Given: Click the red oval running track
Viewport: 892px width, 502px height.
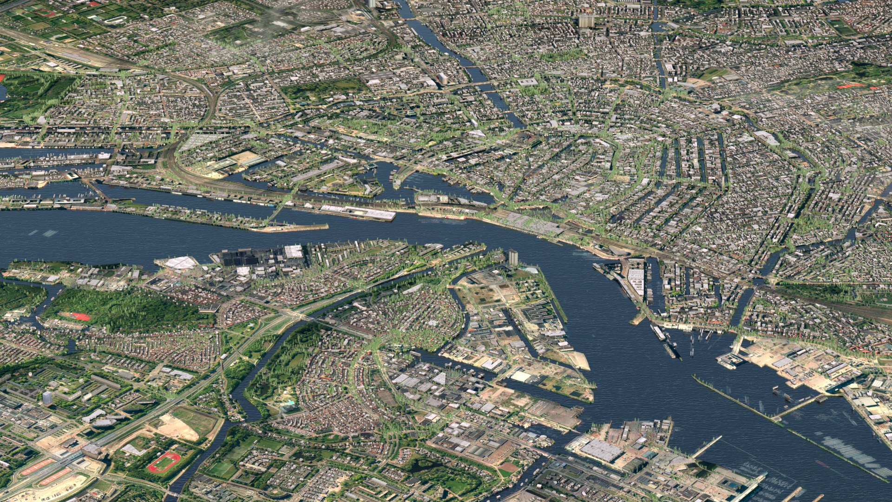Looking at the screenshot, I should pos(164,462).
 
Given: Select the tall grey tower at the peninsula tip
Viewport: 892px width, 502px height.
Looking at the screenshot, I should pos(512,258).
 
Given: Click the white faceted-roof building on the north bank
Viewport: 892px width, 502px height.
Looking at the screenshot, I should pos(180,263).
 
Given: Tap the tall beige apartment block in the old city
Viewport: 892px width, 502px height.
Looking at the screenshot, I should pos(586,21).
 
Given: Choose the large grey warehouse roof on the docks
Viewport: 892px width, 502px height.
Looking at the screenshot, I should pos(602,450).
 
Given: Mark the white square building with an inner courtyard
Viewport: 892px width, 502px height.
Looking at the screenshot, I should pos(527,82).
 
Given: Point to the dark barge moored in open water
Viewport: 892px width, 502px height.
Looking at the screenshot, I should pos(669,350).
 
